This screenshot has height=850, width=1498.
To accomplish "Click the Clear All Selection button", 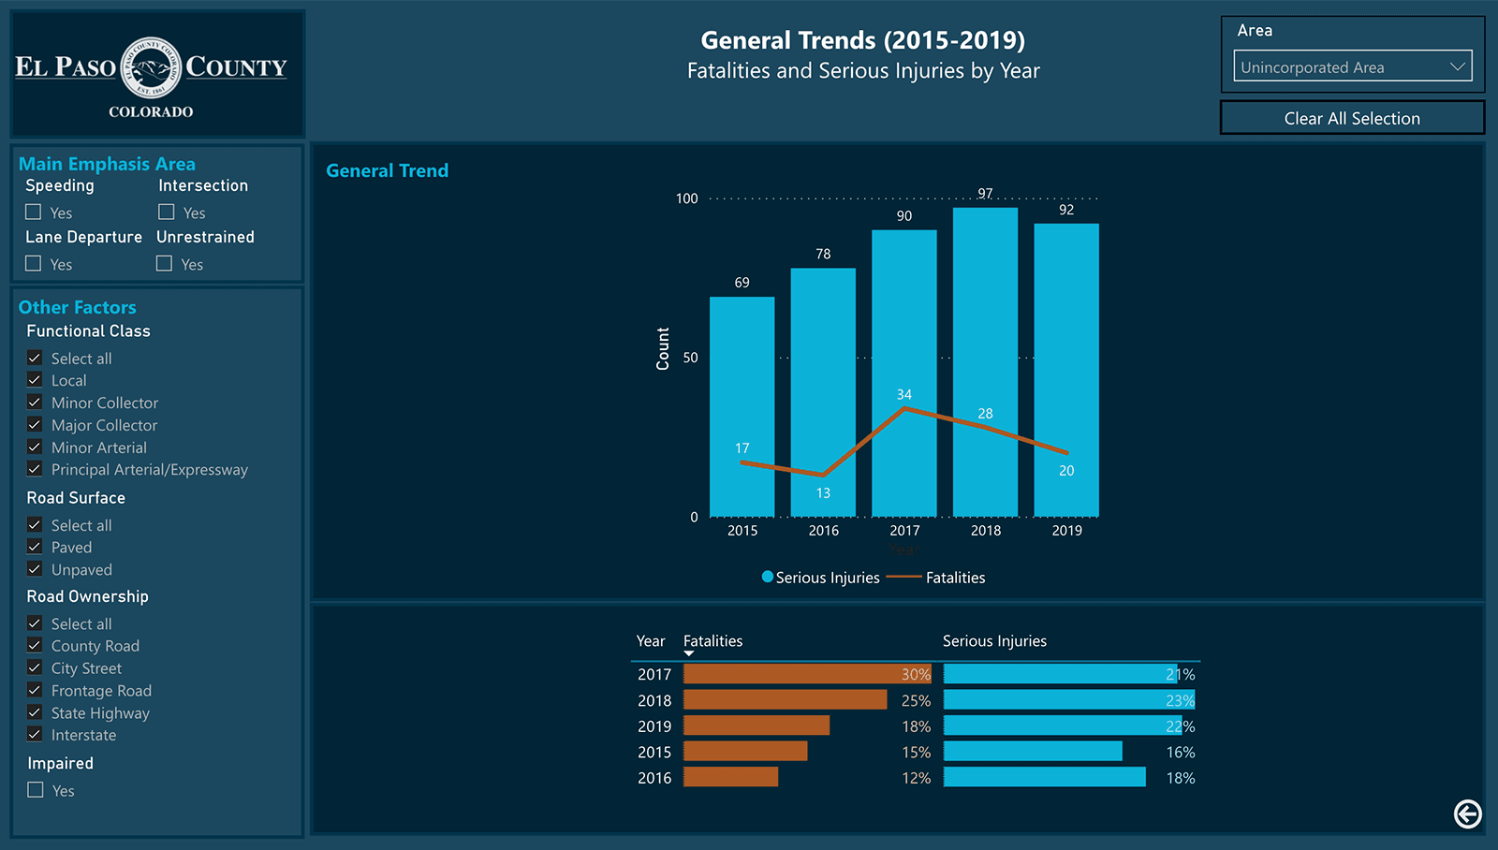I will click(x=1352, y=118).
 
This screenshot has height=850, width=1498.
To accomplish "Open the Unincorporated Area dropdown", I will click(x=1352, y=66).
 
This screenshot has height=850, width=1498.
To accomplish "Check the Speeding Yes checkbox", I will click(x=34, y=212).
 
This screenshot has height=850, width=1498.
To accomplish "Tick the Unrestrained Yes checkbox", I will click(x=165, y=264).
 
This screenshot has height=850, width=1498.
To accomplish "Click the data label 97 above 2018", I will click(x=985, y=194).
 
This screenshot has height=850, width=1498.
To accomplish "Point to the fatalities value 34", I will click(x=903, y=394).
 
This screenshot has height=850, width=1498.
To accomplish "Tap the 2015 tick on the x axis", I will click(x=742, y=531).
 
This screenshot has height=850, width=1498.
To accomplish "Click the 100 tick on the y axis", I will click(x=686, y=198).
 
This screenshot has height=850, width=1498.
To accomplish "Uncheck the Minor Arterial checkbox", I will click(x=35, y=447).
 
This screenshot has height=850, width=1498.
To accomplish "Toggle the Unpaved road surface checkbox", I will click(x=35, y=569).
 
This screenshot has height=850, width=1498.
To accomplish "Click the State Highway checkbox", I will click(x=35, y=712).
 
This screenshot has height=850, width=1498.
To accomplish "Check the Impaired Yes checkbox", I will click(x=36, y=790).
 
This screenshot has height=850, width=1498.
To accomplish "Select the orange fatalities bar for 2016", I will click(x=730, y=777).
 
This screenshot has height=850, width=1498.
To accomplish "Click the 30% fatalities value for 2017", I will click(x=915, y=674).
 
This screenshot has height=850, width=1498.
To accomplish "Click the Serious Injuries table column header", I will click(x=994, y=641).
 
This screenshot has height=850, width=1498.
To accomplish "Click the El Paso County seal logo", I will click(x=151, y=67).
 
